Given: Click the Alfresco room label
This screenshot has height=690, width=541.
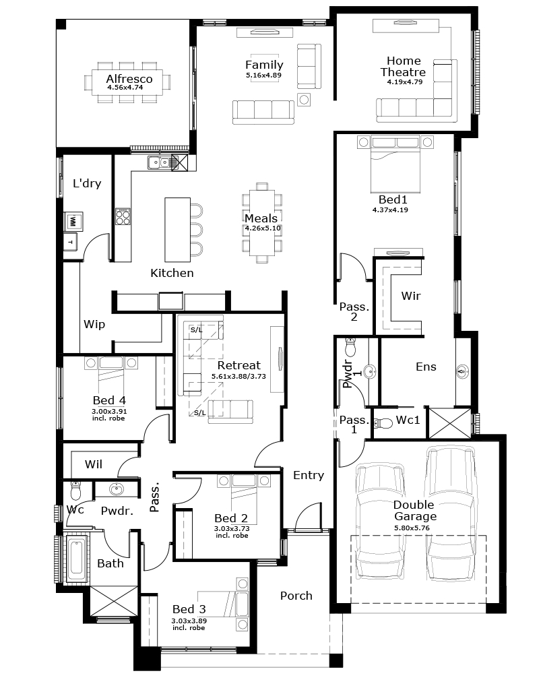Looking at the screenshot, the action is point(129,79).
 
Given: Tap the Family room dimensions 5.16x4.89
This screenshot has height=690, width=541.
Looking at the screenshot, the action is point(264,75).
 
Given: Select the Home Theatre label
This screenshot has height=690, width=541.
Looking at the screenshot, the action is point(404,67).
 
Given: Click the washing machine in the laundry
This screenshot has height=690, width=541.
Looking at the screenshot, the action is point(73,221).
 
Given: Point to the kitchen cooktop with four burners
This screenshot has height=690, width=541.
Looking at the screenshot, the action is point(123,216).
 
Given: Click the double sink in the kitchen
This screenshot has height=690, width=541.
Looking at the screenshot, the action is point(159,163).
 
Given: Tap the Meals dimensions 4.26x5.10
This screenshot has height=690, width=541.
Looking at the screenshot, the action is point(263,228).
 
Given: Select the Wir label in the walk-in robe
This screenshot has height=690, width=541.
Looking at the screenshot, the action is point(411,296).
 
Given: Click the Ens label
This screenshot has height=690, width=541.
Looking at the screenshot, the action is point(426,367).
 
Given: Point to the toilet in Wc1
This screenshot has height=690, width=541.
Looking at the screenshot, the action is point(383,423).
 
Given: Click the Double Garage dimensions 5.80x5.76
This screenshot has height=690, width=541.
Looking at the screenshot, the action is point(412,528).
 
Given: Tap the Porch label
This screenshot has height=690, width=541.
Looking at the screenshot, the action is point(296,596).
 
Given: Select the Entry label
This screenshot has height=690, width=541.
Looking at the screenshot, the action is point(309,475).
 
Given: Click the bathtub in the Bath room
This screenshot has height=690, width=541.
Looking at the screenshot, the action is point(76,558).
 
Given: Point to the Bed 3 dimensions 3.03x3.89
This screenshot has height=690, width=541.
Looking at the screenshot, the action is point(189,621).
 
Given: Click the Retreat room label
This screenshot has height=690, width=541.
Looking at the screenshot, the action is point(238,365).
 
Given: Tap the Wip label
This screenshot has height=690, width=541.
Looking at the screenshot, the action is point(94,325).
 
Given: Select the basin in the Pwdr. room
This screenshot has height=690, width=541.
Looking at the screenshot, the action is point(117,489).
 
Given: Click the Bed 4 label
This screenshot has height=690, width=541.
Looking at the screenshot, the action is point(109,400).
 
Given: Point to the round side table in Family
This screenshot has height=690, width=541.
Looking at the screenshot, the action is point(304,100).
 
